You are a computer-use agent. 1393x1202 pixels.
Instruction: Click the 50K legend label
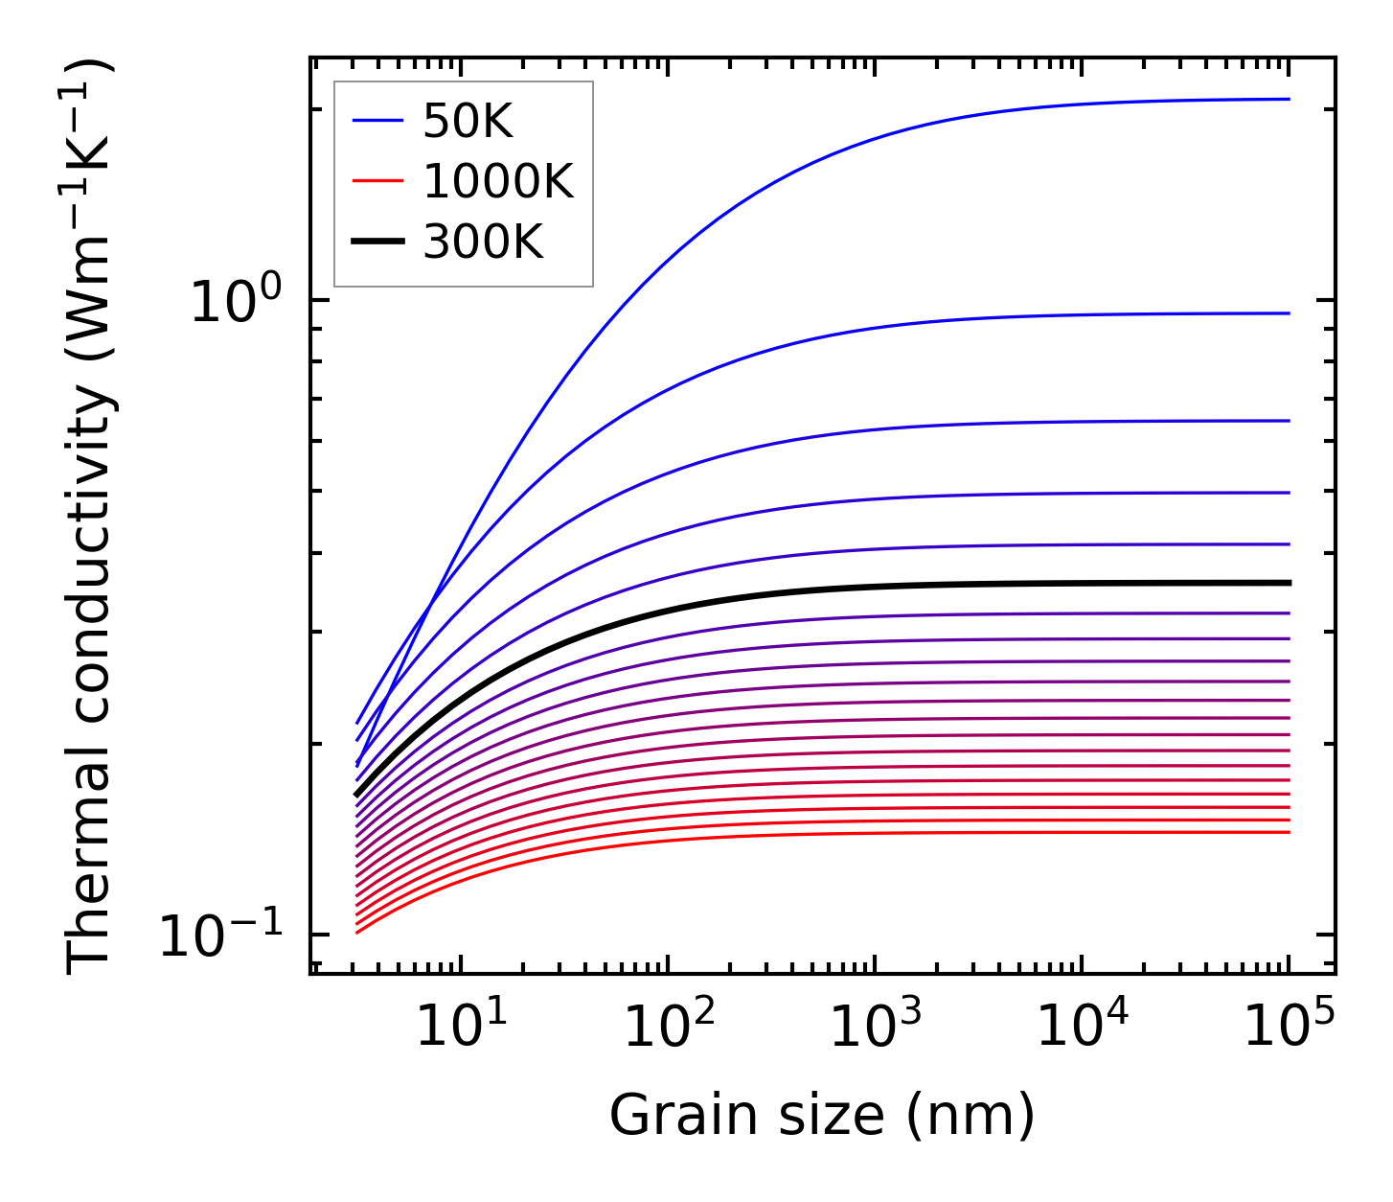(468, 122)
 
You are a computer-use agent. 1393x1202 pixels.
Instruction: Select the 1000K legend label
(498, 182)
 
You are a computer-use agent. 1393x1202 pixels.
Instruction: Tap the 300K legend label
(483, 243)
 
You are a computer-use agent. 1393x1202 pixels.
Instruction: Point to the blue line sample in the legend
(378, 121)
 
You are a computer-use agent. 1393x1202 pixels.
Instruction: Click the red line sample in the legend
(378, 181)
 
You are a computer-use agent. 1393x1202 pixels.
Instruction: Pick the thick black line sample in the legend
(378, 242)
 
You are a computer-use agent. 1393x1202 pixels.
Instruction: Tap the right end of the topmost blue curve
(1289, 99)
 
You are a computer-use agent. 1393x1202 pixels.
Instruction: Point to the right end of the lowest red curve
(1289, 832)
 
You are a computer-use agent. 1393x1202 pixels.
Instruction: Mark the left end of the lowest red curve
(356, 933)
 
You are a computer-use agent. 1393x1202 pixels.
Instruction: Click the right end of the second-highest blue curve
(1289, 313)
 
